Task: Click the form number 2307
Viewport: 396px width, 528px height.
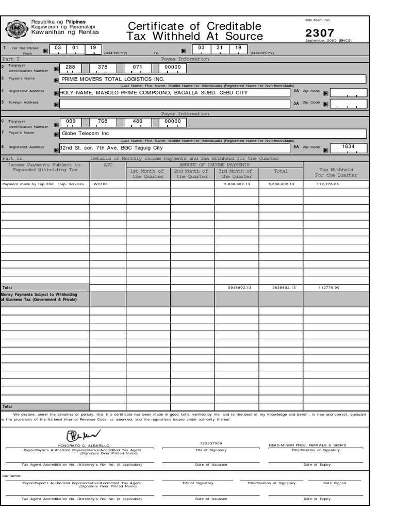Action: [x=319, y=33]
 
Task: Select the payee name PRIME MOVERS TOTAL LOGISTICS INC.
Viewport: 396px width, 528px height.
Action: [x=113, y=79]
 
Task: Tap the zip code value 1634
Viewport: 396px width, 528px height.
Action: [x=348, y=147]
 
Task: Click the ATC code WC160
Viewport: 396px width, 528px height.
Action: [x=101, y=184]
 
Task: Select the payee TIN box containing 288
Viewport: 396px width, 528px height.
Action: [x=71, y=67]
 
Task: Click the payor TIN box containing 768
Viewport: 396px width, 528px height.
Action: [x=103, y=122]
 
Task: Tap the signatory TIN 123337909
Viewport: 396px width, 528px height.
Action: [x=210, y=443]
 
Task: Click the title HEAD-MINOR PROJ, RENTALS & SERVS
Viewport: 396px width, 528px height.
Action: [x=307, y=445]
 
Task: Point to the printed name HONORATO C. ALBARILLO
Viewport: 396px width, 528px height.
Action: [x=84, y=445]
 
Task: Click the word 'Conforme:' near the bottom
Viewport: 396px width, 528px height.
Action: [x=12, y=476]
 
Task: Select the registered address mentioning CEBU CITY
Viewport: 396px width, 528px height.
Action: [x=154, y=93]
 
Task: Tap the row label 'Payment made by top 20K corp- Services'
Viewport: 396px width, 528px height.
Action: [x=43, y=184]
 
